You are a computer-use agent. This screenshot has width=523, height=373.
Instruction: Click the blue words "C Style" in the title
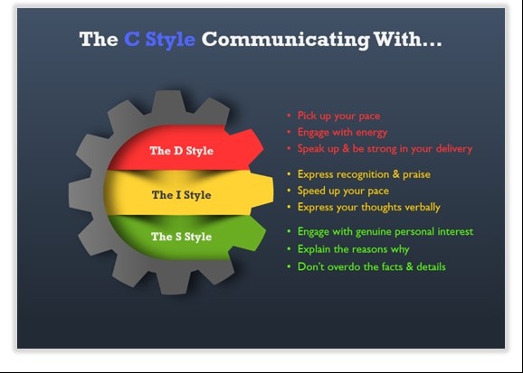coord(160,40)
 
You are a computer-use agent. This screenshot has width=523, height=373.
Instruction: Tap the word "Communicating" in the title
coord(286,40)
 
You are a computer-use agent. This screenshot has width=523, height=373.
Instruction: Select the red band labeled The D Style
coord(185,148)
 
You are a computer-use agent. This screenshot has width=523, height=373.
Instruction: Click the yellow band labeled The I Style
coord(188,193)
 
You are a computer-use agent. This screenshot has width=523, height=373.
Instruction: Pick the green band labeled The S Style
coord(186,238)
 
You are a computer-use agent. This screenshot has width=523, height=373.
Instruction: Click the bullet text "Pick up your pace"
coord(339,116)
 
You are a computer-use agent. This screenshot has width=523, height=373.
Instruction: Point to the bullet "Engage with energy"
coord(343,132)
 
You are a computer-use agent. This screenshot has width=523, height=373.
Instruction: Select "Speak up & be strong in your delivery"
coord(385,148)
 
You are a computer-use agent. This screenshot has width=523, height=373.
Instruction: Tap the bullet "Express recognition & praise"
coord(364,174)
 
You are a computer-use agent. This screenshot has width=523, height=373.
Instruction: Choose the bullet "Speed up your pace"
coord(343,191)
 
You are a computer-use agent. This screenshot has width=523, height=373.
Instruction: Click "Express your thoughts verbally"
coord(369,207)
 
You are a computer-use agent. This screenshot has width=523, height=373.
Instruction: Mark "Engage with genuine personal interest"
coord(385,231)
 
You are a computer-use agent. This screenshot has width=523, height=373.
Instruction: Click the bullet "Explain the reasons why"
coord(353,249)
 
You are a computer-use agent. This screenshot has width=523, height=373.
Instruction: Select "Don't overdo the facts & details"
coord(372,266)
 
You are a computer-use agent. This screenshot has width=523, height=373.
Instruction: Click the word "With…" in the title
coord(407,39)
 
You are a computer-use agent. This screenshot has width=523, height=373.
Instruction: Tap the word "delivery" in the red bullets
coord(454,148)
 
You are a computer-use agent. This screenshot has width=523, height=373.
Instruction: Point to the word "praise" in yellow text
coord(416,175)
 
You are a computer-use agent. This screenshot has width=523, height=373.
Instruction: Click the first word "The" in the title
coord(99,39)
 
